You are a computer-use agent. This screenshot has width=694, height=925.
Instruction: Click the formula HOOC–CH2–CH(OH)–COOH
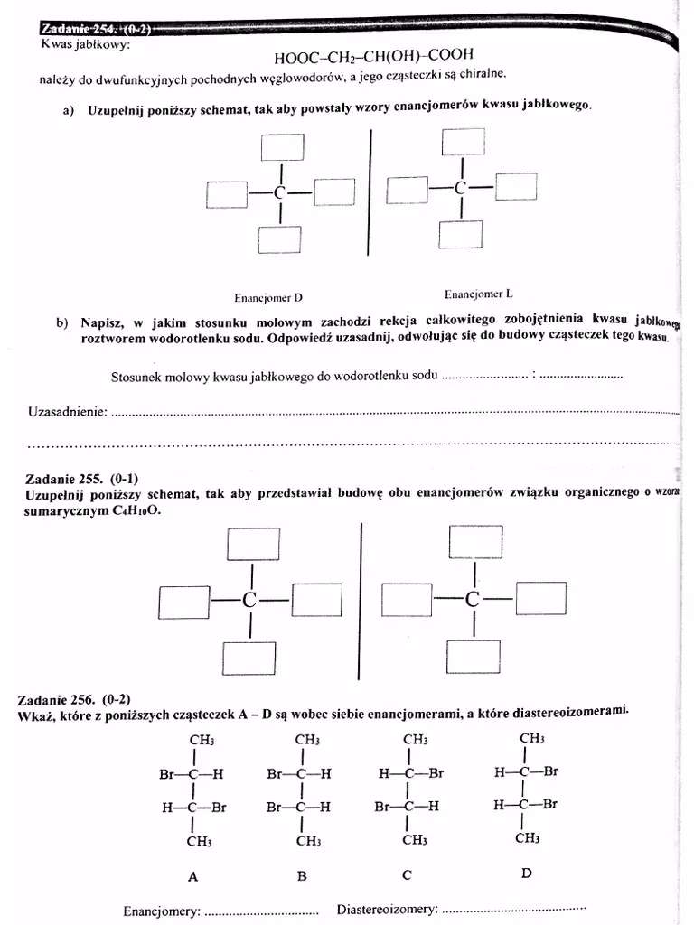[373, 57]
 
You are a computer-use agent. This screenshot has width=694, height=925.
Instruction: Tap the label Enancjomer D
[268, 297]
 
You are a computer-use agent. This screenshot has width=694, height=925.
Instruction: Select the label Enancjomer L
[478, 294]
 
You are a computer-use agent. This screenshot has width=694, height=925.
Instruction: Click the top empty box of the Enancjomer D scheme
[282, 146]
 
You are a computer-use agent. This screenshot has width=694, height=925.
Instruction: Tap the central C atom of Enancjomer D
[280, 193]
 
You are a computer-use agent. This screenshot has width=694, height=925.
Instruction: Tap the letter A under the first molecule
[192, 876]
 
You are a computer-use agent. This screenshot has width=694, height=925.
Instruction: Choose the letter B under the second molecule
[303, 875]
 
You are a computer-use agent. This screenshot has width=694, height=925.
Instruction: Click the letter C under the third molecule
[408, 874]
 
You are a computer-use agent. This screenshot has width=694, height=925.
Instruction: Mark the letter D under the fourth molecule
[526, 874]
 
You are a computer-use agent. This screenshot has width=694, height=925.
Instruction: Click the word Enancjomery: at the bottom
[162, 911]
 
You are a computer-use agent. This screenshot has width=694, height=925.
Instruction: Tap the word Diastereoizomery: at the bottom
[387, 908]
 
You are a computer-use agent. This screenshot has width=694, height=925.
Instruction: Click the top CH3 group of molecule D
[531, 738]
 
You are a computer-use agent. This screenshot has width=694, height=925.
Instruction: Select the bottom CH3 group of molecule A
[199, 841]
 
